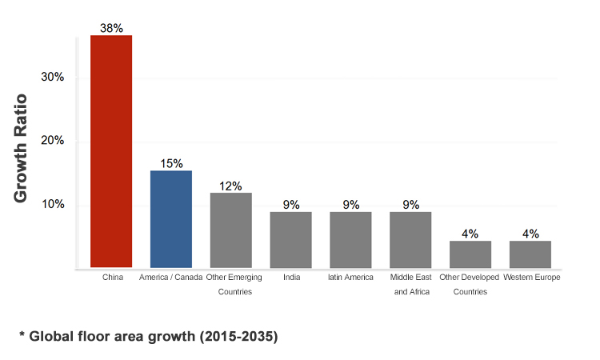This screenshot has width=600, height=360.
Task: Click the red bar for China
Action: coord(111,151)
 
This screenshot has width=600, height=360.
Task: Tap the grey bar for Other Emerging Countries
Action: coord(230,230)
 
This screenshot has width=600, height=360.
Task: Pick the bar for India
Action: coord(290,239)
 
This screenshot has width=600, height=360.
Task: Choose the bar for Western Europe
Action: coord(530,254)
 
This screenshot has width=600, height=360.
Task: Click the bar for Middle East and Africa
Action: coord(410,239)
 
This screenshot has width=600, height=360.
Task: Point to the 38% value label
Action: coord(111,28)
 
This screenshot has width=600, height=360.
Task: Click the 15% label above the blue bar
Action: coord(171,163)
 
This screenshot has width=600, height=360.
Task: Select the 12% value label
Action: coord(230,186)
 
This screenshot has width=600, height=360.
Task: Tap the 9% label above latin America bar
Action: coord(350,205)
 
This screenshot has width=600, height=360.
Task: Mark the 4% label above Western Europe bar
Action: coord(530,234)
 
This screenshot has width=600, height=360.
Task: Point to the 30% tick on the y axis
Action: coord(53,78)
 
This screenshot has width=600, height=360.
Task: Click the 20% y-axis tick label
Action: coord(53,141)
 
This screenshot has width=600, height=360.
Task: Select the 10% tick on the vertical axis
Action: coord(53,204)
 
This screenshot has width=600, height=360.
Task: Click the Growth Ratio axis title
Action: coord(21,149)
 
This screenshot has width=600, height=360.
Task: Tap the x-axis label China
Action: coord(111,278)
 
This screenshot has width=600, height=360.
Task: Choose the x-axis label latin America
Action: coord(350,278)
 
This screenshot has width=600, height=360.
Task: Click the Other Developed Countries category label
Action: coord(470,284)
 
